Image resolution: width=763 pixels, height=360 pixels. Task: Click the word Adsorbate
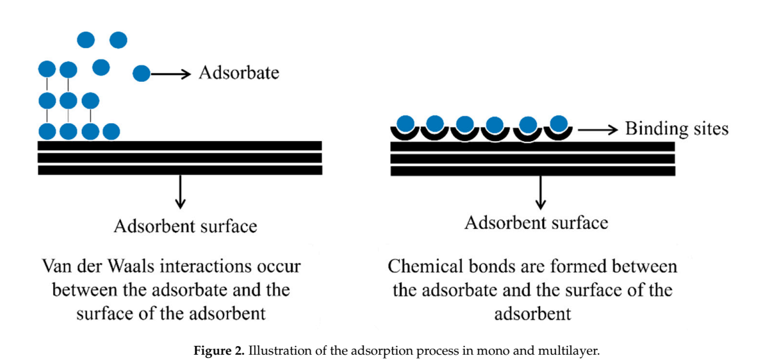[239, 73]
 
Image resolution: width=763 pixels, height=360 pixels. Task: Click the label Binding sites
[676, 128]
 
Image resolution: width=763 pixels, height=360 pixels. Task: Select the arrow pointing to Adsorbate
[172, 73]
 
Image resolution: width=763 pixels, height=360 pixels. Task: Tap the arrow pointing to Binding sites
[597, 129]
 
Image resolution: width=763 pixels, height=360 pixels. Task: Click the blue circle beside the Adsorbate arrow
[141, 73]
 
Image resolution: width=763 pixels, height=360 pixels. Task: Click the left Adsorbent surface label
[185, 226]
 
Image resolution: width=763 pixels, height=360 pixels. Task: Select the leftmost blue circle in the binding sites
[406, 122]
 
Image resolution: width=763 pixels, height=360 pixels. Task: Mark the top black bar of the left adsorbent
[180, 146]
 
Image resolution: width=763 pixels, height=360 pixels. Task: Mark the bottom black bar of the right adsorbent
[532, 171]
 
